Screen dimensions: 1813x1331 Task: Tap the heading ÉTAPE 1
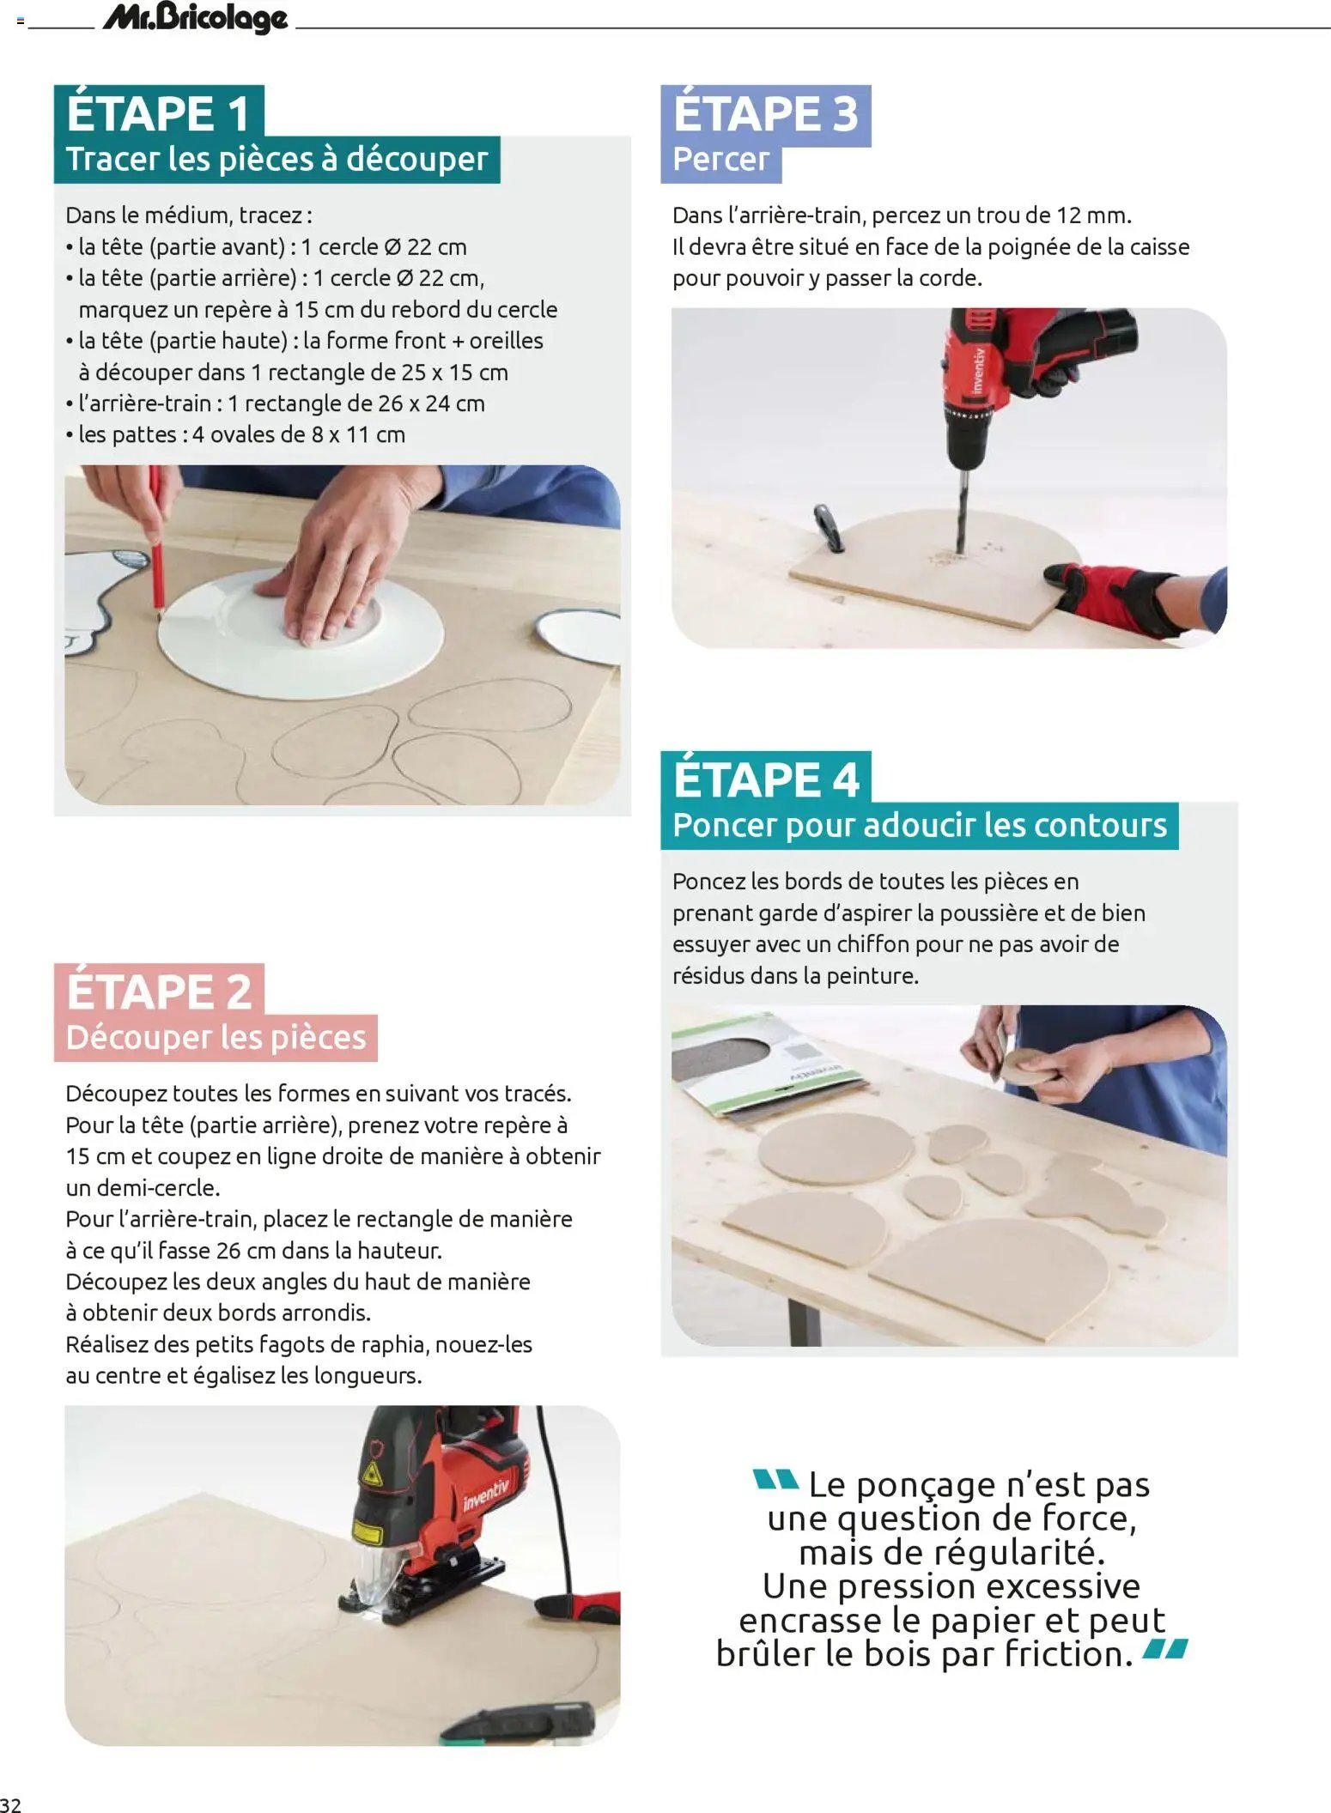point(158,112)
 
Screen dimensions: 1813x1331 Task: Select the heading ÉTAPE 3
point(765,112)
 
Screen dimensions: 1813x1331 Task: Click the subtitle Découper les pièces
point(216,1037)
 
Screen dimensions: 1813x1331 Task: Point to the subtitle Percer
point(720,160)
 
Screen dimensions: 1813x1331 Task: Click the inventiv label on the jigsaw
point(486,1494)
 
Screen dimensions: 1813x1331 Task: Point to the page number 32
point(11,1802)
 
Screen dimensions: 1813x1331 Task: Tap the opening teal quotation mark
point(775,1479)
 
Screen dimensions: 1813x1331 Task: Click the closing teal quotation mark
point(1165,1647)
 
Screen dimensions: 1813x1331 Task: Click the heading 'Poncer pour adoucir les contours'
point(919,825)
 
